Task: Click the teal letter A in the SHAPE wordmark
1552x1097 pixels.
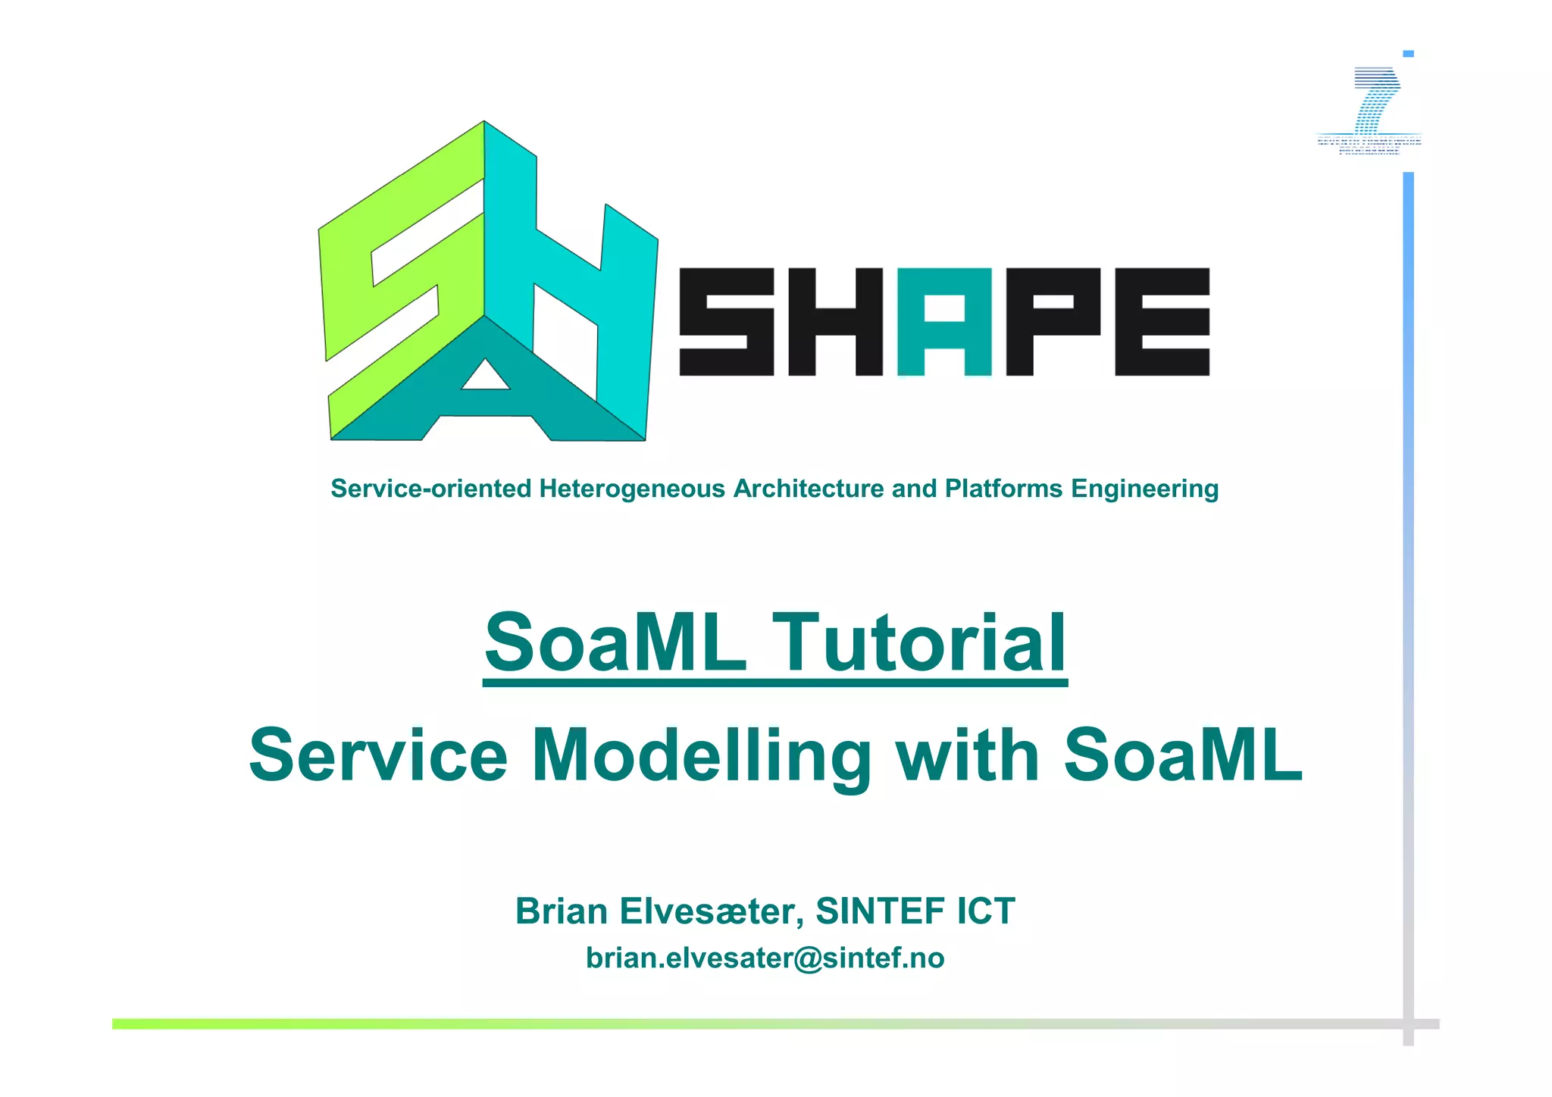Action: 944,322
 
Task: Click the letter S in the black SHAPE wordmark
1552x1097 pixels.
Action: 726,322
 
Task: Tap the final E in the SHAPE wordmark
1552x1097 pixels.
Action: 1162,322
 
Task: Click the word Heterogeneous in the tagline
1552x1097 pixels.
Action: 632,489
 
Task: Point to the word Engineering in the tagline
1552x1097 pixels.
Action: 1144,489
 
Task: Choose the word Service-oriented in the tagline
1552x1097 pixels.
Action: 431,489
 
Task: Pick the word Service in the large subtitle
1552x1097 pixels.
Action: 378,756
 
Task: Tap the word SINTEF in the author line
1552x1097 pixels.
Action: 881,911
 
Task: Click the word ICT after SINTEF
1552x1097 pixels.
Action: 985,911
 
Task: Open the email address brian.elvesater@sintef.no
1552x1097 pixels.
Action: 765,958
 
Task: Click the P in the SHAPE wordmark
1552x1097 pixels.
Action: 1053,322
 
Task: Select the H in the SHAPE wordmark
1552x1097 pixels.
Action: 835,322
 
